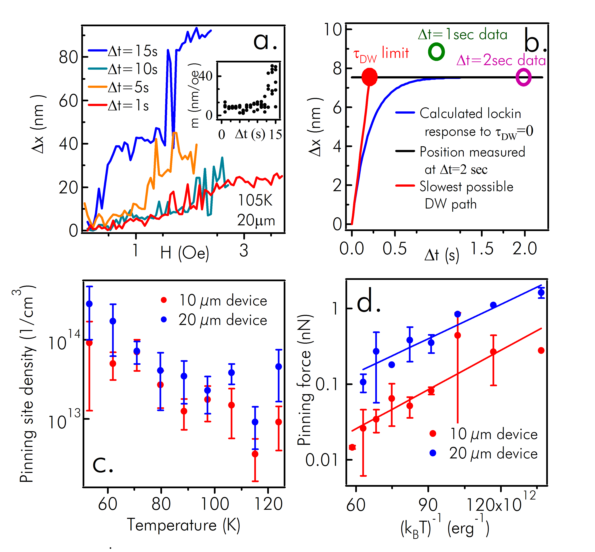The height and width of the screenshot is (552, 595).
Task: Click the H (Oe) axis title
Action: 184,253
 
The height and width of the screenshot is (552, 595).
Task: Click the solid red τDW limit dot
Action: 370,77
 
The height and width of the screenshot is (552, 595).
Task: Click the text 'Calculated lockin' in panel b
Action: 470,113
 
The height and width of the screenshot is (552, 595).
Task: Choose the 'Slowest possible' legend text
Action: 466,187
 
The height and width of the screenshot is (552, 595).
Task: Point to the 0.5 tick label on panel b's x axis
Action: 395,249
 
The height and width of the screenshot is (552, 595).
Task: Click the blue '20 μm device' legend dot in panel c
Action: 164,320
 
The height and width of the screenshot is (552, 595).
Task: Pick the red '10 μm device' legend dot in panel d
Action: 432,433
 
